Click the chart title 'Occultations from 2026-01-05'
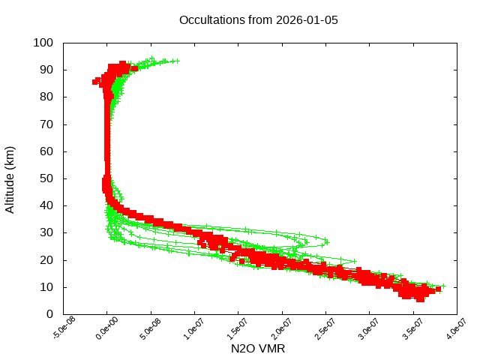click(259, 19)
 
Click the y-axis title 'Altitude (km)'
click(10, 179)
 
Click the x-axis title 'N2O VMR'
click(258, 349)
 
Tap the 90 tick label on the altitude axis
click(46, 70)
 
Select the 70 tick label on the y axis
click(46, 124)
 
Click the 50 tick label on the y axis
click(46, 178)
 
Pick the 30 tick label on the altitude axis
click(46, 232)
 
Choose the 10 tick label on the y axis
click(46, 286)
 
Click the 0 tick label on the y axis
click(49, 313)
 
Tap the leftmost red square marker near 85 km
click(96, 82)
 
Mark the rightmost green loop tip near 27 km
click(326, 242)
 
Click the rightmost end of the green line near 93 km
click(178, 61)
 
